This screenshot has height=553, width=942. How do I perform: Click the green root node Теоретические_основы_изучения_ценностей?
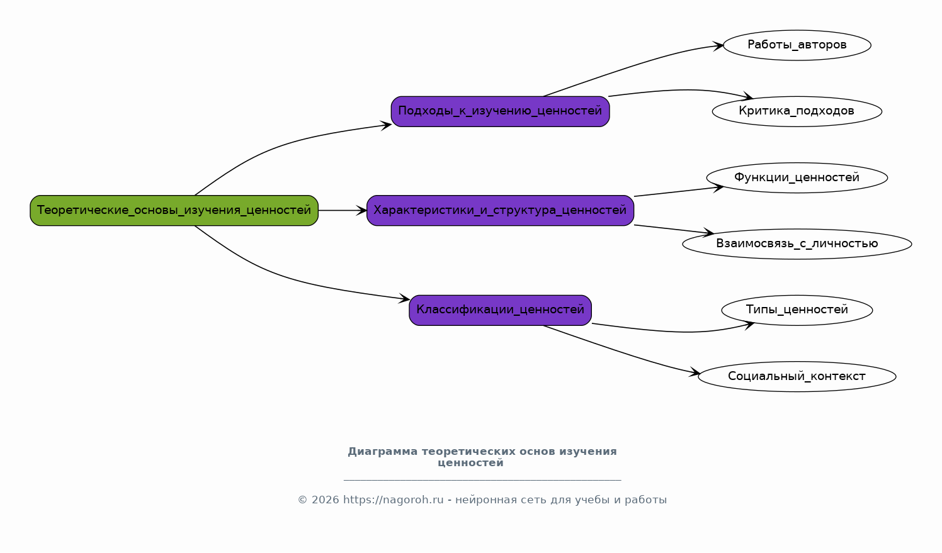pos(174,210)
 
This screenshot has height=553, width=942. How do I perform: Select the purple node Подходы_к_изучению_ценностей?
pos(500,111)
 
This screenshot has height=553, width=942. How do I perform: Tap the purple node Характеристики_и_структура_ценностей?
pos(500,210)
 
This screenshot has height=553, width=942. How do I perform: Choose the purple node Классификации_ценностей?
pos(500,310)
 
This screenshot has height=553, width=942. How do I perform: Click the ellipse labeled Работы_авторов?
pos(797,45)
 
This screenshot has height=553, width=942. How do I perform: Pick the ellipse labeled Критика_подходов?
pos(797,111)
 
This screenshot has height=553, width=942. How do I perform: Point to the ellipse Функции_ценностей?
pos(797,177)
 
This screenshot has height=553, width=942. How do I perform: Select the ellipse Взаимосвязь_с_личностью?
pos(797,244)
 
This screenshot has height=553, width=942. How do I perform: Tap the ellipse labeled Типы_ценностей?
pos(797,310)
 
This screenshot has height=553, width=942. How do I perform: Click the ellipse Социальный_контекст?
pos(797,376)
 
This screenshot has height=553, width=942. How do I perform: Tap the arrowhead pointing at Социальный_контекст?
pos(695,374)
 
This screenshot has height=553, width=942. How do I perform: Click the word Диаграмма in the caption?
pos(382,452)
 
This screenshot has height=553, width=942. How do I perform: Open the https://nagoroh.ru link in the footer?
pos(393,500)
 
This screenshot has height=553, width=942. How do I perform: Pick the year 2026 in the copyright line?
pos(325,500)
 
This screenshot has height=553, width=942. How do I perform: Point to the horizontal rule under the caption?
pos(482,480)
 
